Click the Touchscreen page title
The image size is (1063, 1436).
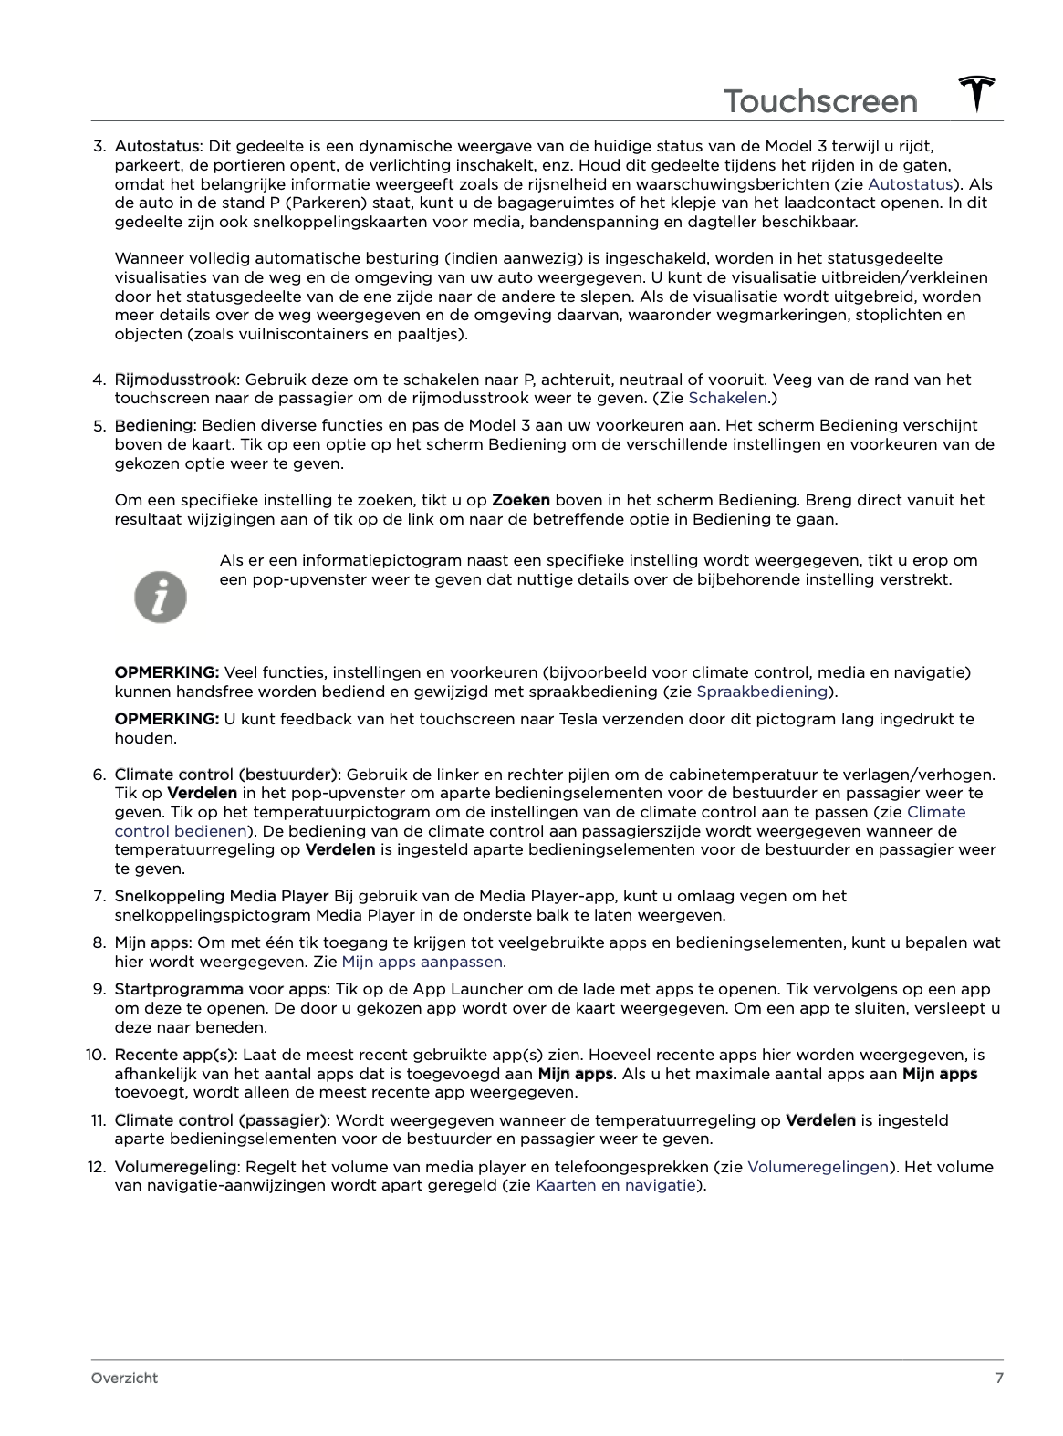tap(820, 101)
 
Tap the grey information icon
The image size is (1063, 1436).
tap(161, 598)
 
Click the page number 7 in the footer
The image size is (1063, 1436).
tap(999, 1378)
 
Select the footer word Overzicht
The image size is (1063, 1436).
tap(124, 1378)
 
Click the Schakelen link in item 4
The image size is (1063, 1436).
tap(727, 398)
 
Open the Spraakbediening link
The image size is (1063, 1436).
tap(762, 692)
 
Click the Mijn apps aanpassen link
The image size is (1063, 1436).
tap(422, 962)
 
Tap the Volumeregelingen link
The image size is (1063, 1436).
tap(818, 1167)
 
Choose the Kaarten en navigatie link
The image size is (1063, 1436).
tap(616, 1185)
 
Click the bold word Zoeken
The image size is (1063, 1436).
tap(521, 500)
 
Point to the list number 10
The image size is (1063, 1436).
tap(96, 1055)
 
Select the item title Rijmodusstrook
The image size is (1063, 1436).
tap(175, 380)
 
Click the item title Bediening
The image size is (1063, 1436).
tap(153, 425)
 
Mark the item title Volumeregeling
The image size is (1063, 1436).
tap(175, 1167)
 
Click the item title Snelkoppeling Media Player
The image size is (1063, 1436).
tap(221, 896)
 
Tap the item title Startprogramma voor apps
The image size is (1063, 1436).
tap(220, 989)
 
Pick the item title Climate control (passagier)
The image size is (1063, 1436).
tap(220, 1120)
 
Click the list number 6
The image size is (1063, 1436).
tap(99, 775)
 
